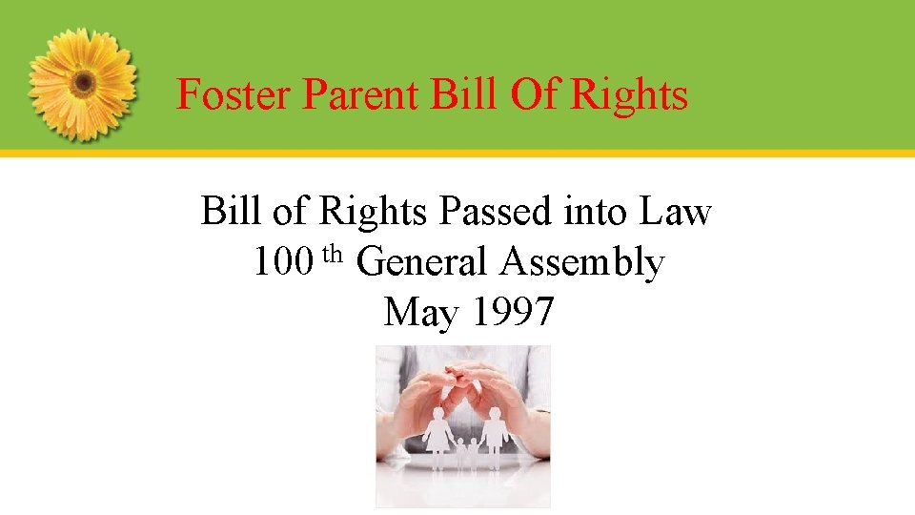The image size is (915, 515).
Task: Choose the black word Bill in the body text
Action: click(232, 212)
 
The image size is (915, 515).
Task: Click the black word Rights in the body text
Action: click(374, 213)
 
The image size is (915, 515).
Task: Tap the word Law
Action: click(676, 212)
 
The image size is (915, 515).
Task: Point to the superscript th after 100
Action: click(333, 254)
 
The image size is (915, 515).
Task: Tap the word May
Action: click(420, 312)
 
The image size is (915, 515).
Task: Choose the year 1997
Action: click(513, 311)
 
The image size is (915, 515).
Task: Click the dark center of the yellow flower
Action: click(83, 82)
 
